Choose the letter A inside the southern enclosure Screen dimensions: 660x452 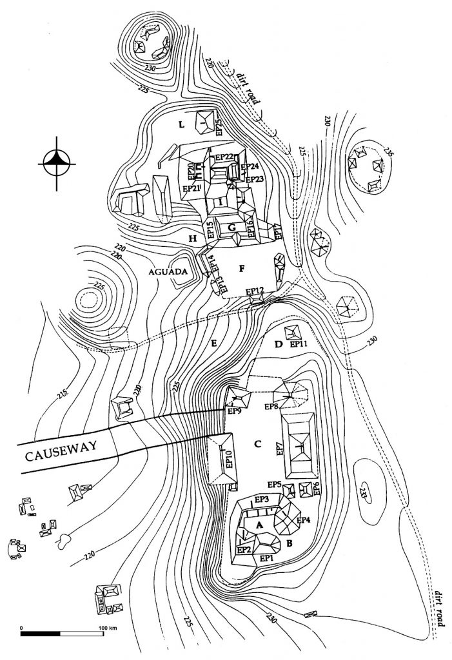tap(260, 525)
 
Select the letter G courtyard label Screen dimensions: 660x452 tap(231, 228)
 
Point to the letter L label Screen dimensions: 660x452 tap(182, 122)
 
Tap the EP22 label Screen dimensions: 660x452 tap(224, 157)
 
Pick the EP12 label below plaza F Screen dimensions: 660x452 tap(255, 291)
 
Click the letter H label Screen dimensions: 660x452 tap(192, 238)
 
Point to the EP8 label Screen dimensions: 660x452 tap(271, 407)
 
